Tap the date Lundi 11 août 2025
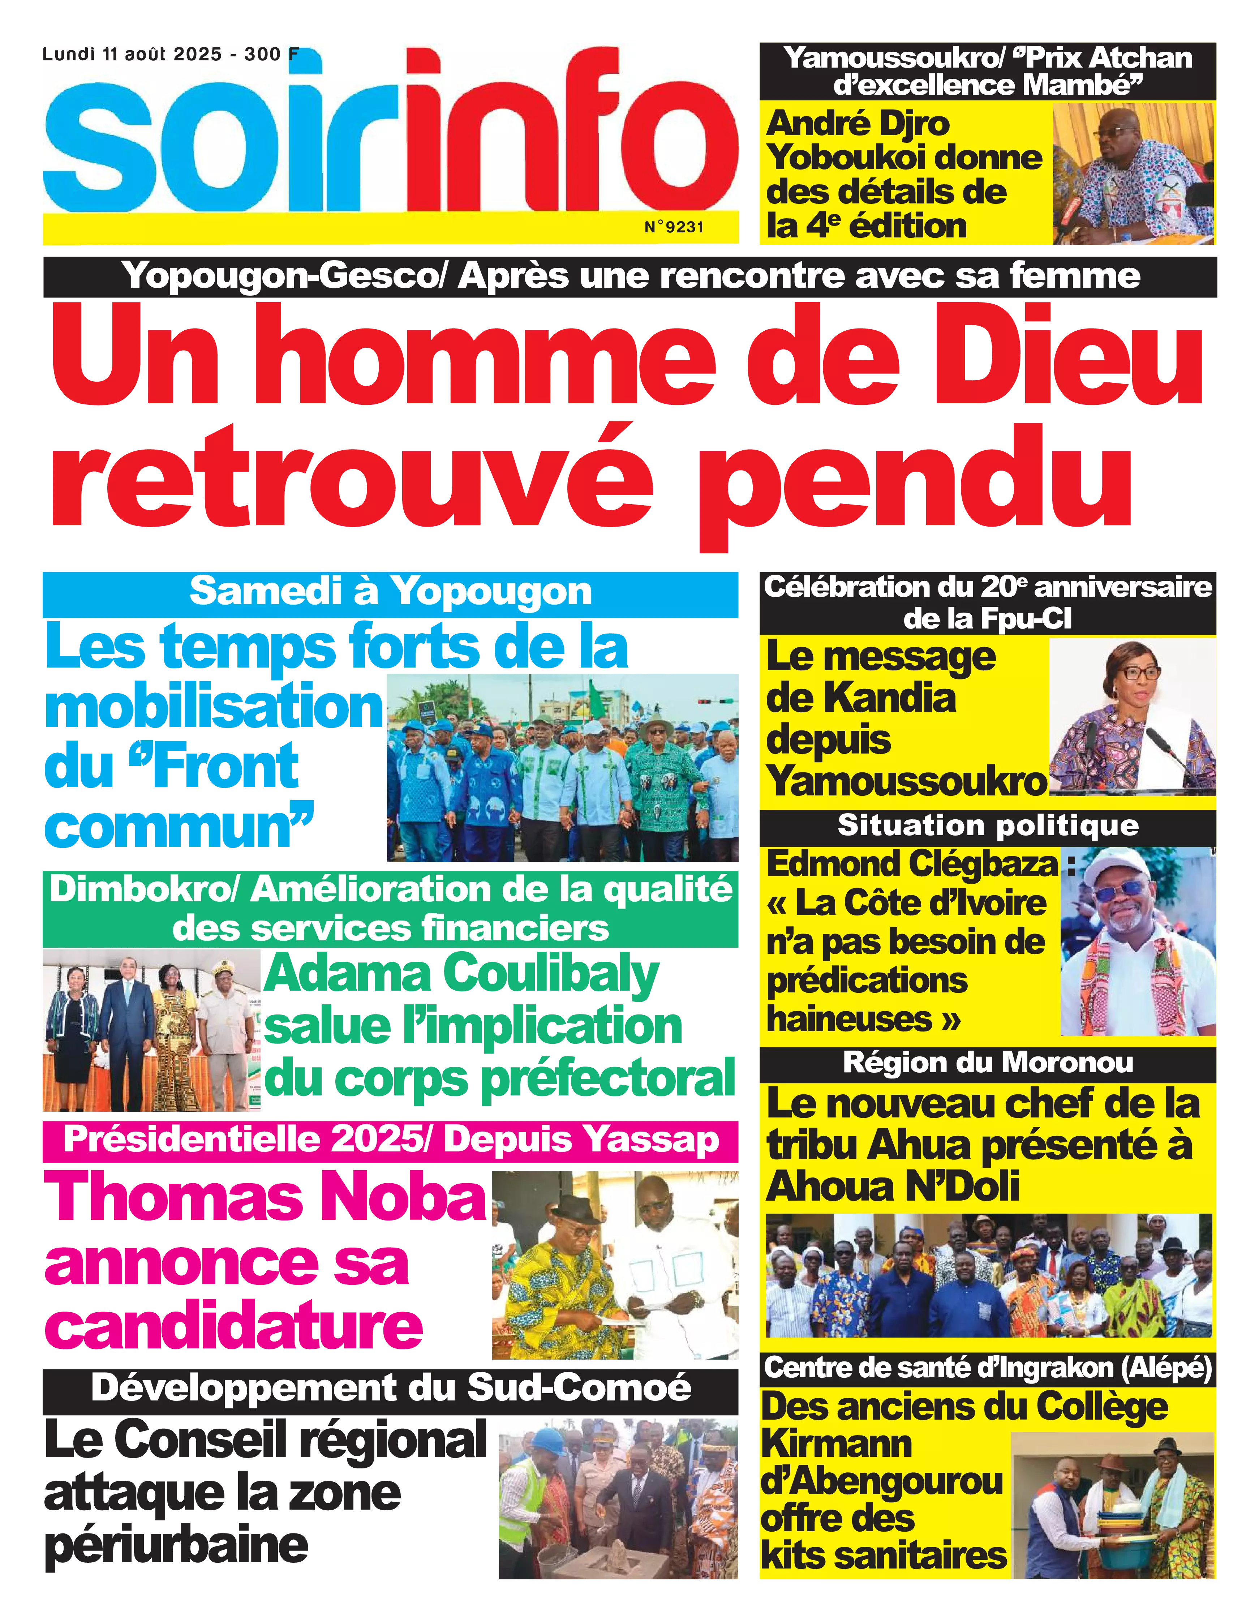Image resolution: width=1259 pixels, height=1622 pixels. pyautogui.click(x=132, y=54)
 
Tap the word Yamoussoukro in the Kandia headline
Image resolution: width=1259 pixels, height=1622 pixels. pyautogui.click(x=906, y=782)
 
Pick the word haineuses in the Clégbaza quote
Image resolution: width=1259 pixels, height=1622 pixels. pyautogui.click(x=850, y=1018)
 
